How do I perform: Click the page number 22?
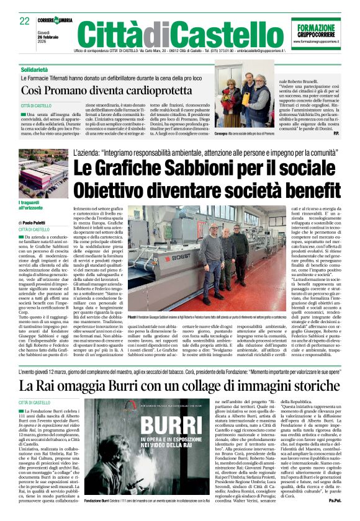25,21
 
